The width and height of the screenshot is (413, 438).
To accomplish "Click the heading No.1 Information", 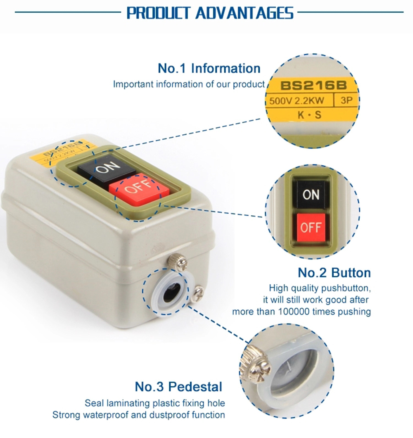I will pos(209,68).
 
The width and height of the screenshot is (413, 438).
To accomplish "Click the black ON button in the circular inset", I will pos(311,195).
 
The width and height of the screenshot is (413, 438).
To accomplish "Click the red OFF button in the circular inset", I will pos(311,228).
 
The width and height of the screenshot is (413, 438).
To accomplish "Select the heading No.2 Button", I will pos(334,273).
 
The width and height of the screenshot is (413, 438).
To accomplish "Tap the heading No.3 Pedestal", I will pos(178,387).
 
